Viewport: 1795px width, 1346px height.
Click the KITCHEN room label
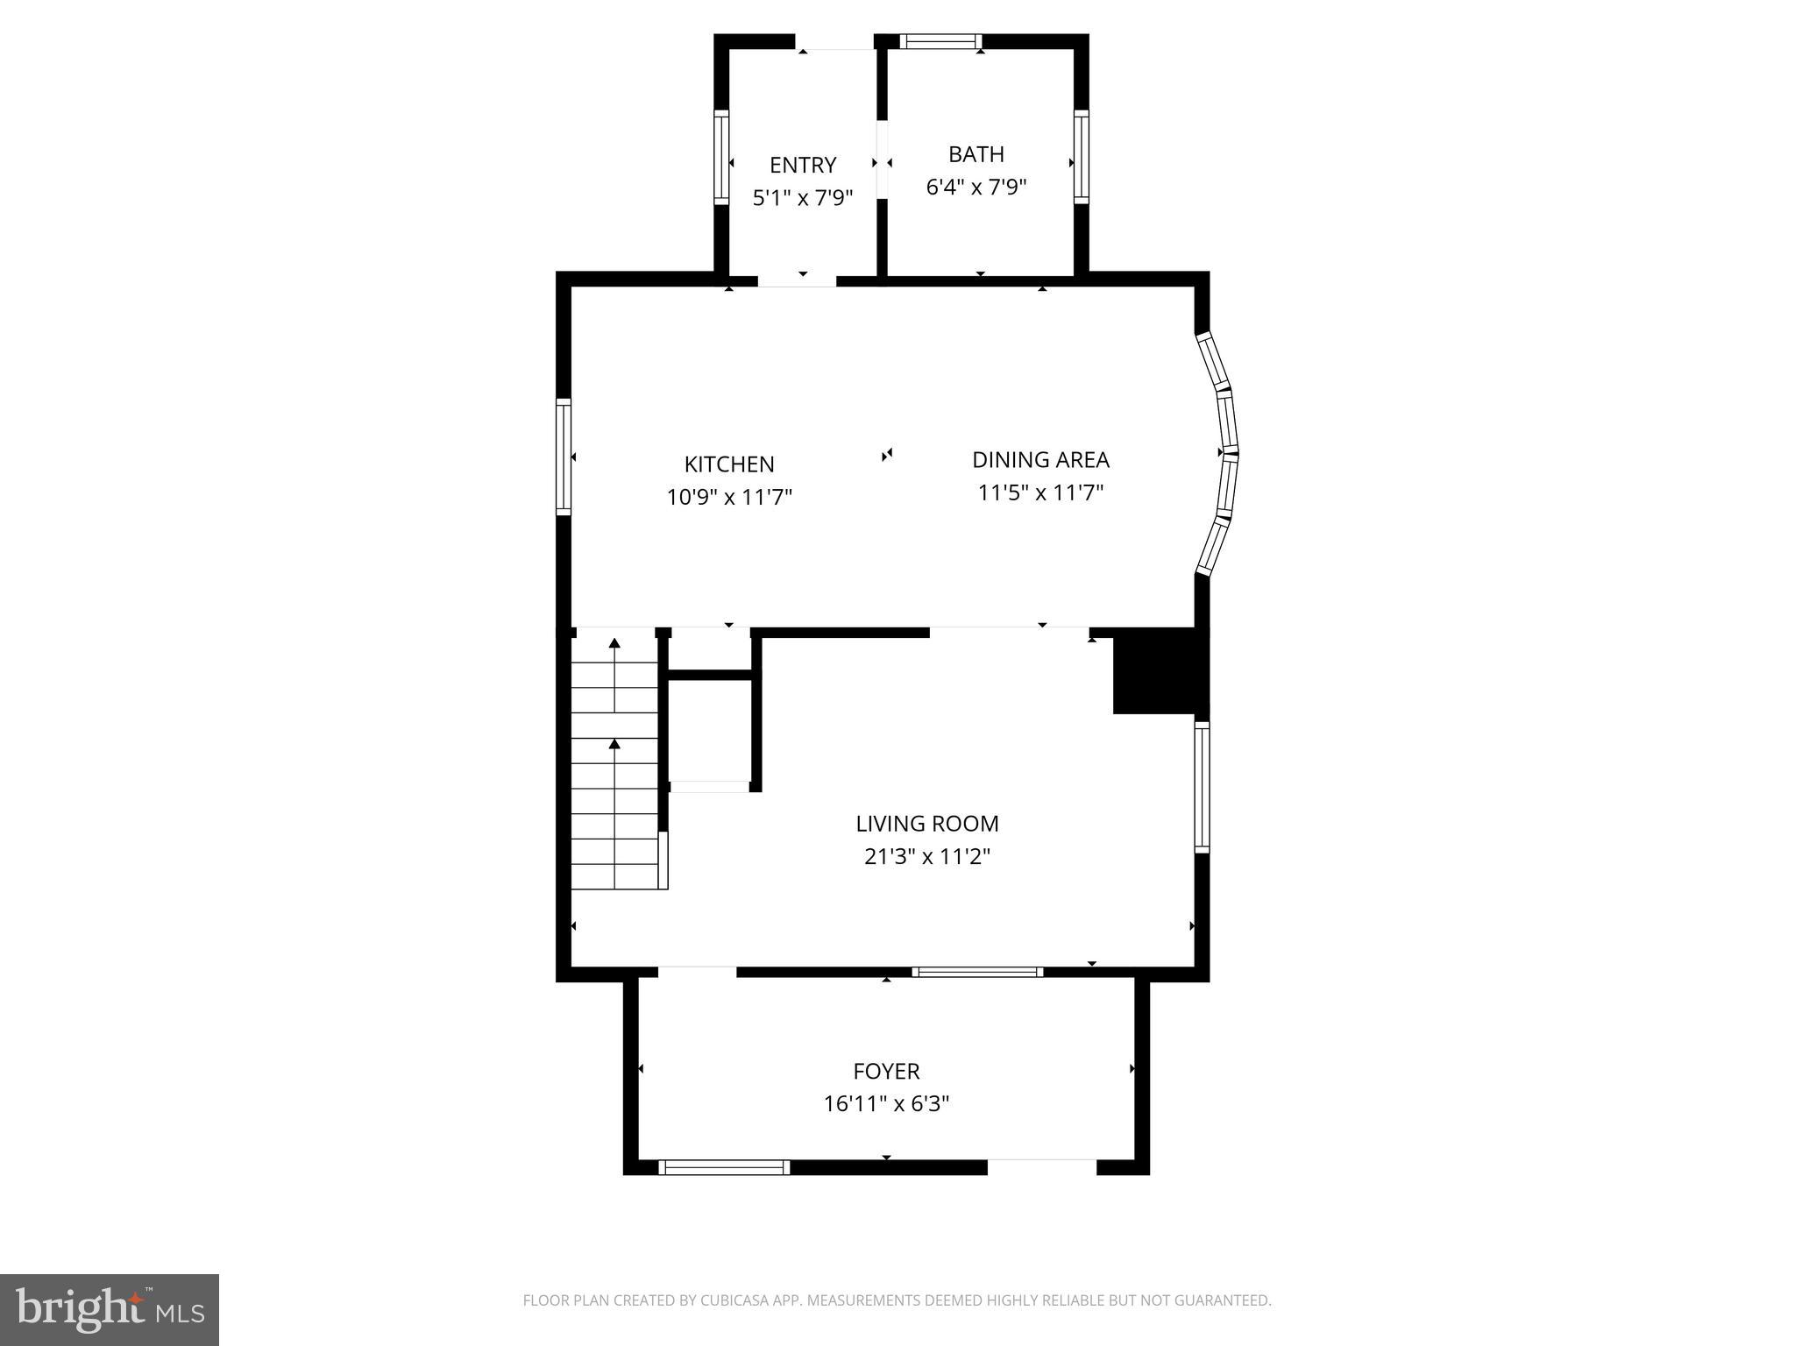728,464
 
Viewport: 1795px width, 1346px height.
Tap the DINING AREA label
1040,460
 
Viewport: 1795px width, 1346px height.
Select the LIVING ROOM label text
926,824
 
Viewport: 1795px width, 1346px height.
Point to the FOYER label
886,1071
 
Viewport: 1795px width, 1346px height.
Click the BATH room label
976,154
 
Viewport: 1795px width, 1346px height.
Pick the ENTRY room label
803,165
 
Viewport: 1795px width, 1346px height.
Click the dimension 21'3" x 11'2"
926,856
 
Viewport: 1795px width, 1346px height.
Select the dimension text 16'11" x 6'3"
886,1103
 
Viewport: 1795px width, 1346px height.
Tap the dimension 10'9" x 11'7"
728,498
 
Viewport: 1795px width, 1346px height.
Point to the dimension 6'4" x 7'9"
976,187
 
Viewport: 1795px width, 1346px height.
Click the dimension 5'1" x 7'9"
803,197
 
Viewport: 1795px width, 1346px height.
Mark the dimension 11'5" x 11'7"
1040,492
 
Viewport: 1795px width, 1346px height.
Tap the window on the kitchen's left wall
564,456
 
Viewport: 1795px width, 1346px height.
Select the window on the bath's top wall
940,41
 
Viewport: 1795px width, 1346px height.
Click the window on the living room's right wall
1203,786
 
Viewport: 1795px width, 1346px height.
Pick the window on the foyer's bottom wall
724,1167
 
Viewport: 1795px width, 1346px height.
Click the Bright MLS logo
110,1310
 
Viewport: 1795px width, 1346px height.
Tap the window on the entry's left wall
721,157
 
